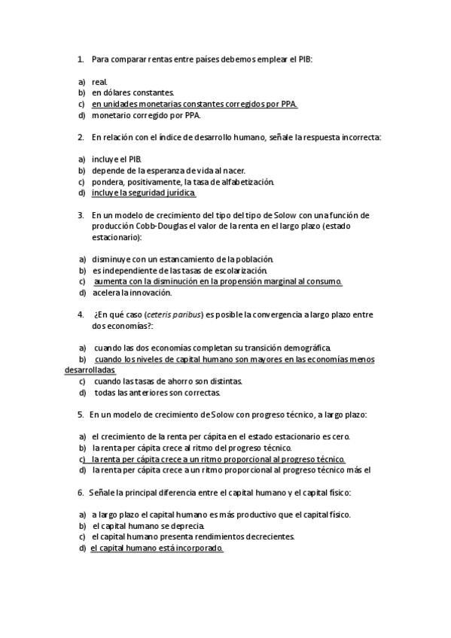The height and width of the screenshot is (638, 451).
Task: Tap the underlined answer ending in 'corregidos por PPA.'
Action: pyautogui.click(x=194, y=104)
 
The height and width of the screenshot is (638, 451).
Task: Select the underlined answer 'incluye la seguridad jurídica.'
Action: pyautogui.click(x=143, y=193)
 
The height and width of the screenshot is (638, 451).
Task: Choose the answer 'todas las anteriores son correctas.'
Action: pyautogui.click(x=157, y=393)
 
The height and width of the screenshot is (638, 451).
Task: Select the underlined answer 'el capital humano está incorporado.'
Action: pyautogui.click(x=157, y=548)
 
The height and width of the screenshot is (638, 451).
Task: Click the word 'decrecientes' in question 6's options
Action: pyautogui.click(x=269, y=537)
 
